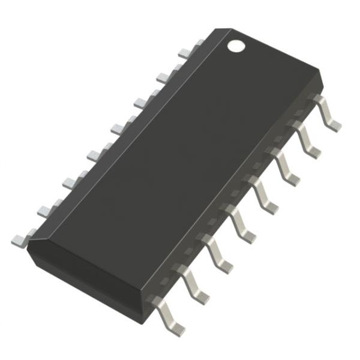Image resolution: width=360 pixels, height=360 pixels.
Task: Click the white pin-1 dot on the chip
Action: [x=236, y=45]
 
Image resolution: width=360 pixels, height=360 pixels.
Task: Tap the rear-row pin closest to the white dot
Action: [x=200, y=43]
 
